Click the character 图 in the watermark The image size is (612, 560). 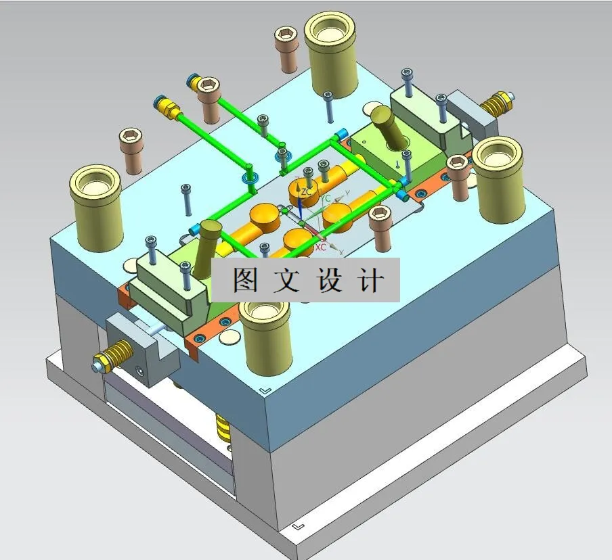[246, 279]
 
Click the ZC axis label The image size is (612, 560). [306, 192]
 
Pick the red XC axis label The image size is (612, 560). [320, 247]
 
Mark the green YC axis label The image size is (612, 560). [326, 199]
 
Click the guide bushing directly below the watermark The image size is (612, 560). [265, 335]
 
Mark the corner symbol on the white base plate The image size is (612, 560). [299, 526]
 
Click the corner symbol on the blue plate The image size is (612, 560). [265, 390]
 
